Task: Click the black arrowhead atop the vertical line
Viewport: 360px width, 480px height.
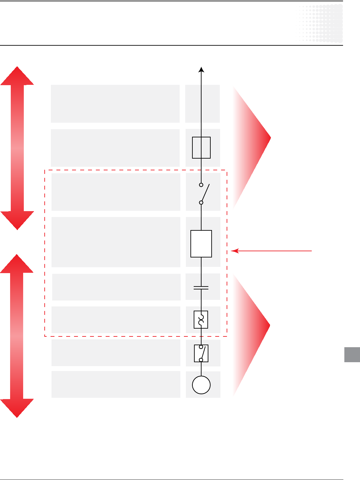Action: [202, 69]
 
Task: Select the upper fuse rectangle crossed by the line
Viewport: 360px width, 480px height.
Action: [201, 148]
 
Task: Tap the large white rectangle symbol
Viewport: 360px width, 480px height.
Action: [201, 244]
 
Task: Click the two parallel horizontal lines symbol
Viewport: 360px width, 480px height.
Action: [201, 288]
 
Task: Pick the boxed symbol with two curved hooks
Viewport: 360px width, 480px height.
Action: [201, 319]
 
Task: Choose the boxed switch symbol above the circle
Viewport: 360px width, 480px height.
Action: [201, 353]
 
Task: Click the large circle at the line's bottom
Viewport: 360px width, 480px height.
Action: [201, 385]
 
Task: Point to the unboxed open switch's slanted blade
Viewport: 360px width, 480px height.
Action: [205, 193]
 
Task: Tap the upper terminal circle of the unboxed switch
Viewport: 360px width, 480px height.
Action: [201, 185]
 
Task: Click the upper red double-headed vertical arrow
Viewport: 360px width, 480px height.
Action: [17, 148]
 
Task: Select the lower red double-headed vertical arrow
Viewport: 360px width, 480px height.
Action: [17, 336]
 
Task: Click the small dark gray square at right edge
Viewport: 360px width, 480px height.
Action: [352, 355]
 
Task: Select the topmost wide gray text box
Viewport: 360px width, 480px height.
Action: [115, 104]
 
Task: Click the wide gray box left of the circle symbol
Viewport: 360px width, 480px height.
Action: [116, 384]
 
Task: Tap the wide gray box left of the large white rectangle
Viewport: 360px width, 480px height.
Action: [116, 242]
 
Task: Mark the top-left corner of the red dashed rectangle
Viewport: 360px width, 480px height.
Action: [45, 170]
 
